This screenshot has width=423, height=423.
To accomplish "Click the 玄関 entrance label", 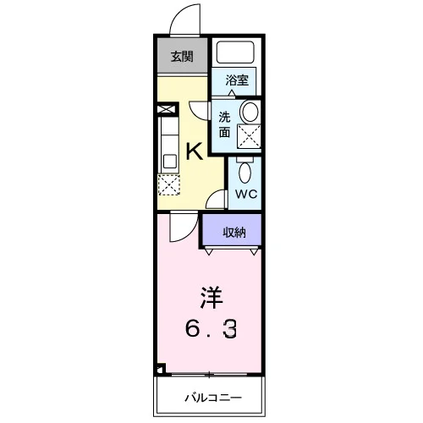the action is (x=182, y=57).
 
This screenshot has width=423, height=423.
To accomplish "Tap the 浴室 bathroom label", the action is (x=237, y=80).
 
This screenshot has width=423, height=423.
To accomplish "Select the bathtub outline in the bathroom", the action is (x=235, y=52).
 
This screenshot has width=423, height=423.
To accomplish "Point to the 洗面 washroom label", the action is (x=224, y=124).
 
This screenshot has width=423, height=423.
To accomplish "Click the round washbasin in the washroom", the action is (x=250, y=113).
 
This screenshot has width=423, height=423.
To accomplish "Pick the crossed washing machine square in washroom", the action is (x=249, y=136).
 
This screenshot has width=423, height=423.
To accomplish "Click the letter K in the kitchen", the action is (x=194, y=151).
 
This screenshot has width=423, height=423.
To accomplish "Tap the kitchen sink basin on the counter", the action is (x=170, y=162).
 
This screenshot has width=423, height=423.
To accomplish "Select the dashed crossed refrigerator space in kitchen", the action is (x=168, y=184).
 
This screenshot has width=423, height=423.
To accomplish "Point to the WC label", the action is (x=246, y=194).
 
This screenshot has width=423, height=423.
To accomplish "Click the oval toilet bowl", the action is (x=244, y=173).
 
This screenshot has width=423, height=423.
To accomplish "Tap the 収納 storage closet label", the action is (x=234, y=233).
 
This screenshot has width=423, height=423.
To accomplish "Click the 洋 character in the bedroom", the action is (x=211, y=298).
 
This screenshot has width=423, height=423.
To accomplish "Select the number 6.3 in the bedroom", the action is (x=211, y=328).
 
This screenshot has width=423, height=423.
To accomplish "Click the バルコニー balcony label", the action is (x=213, y=398).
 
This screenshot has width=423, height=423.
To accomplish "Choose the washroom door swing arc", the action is (x=195, y=113).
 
